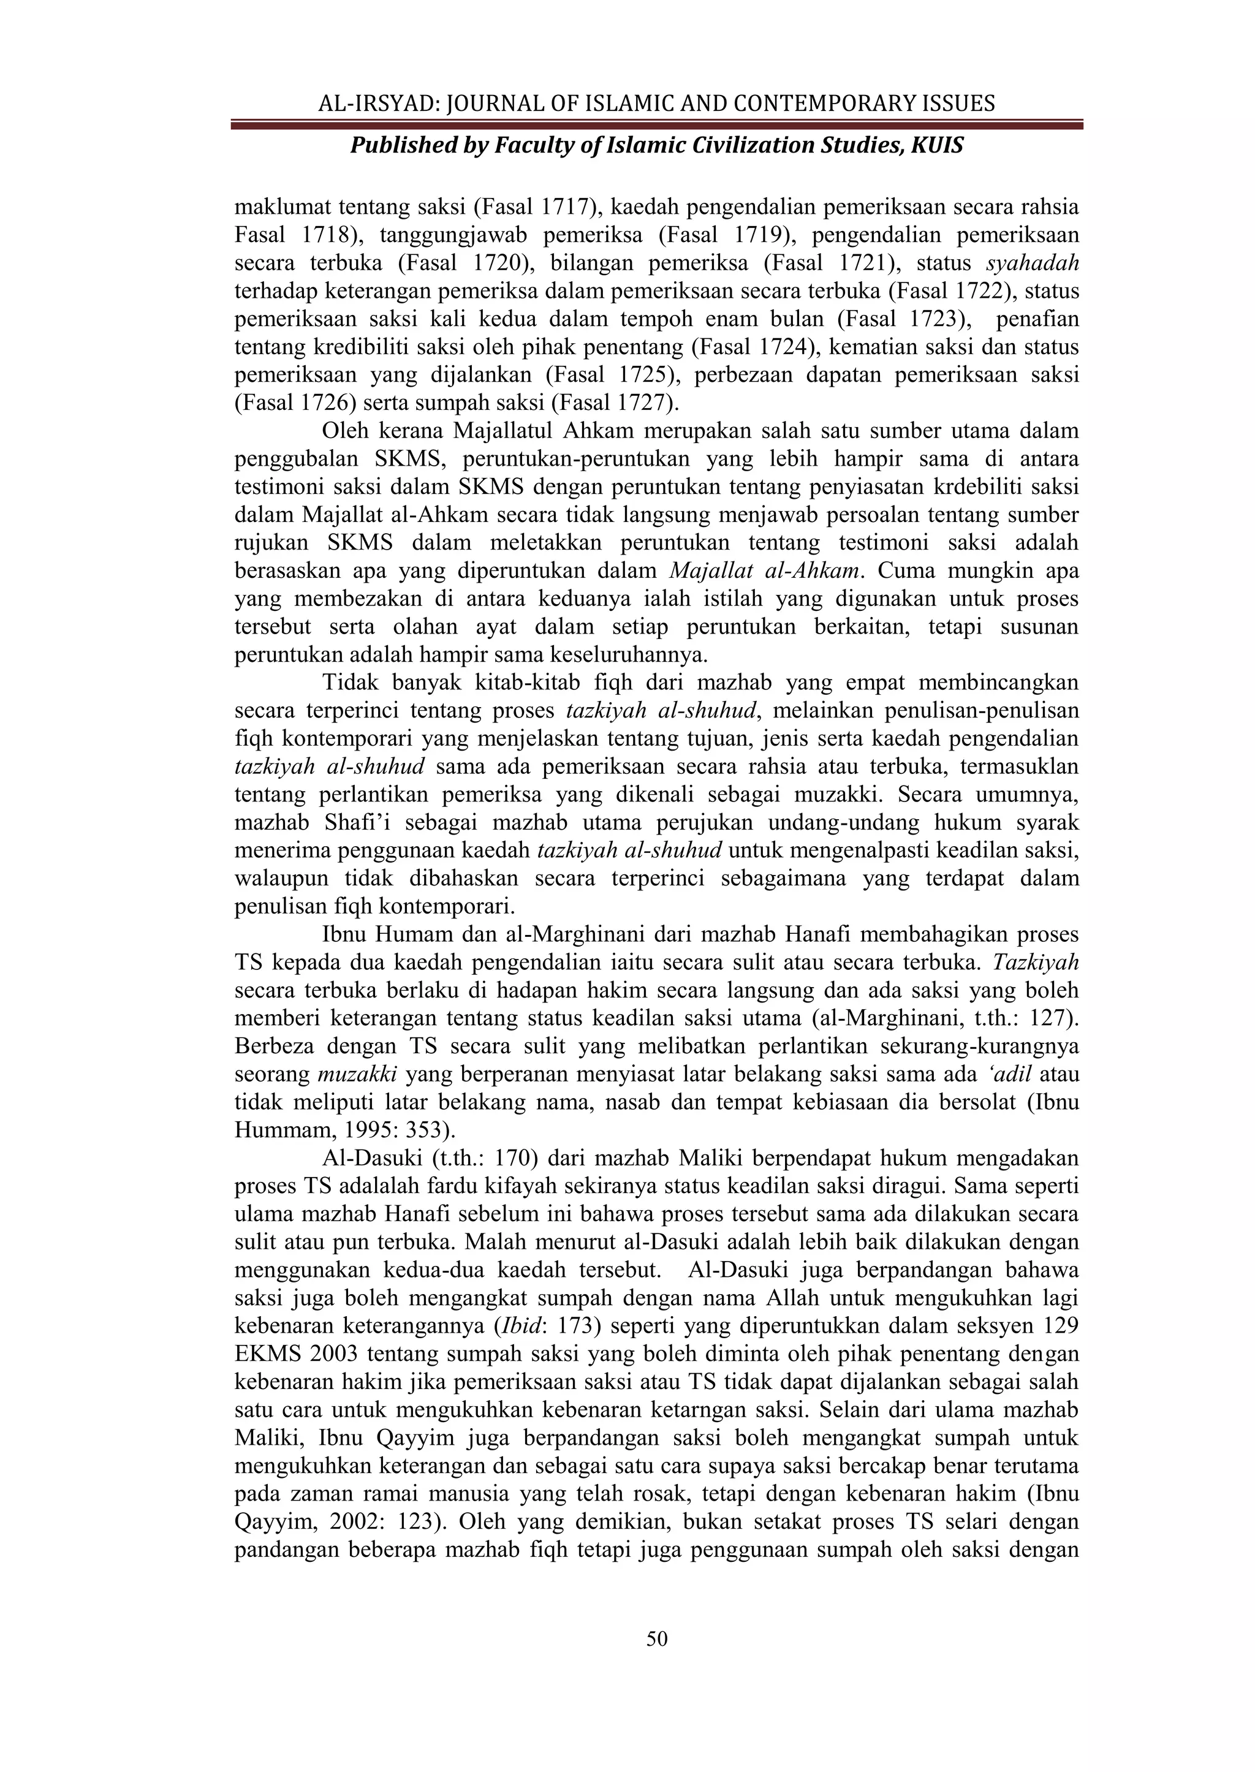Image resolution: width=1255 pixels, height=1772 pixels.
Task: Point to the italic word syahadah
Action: point(1033,263)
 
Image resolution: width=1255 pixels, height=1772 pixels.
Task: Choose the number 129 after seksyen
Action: point(1060,1326)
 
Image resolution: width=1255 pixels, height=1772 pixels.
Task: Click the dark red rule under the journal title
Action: point(656,124)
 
